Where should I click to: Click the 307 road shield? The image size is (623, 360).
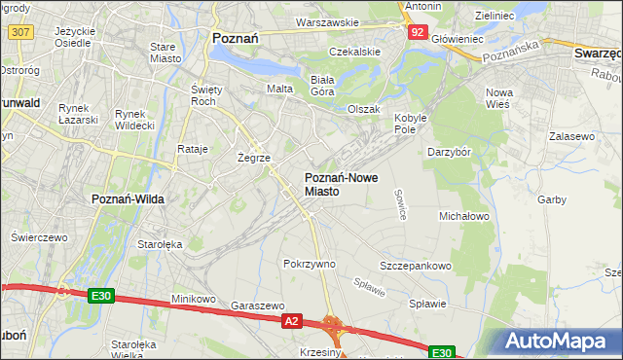tap(18, 32)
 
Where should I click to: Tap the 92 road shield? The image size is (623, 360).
tap(417, 32)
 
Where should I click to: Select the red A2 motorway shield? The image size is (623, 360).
tap(291, 319)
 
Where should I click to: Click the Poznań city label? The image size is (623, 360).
tap(234, 38)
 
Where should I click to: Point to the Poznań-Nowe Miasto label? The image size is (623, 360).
tap(336, 184)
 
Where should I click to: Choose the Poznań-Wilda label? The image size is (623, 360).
tap(128, 198)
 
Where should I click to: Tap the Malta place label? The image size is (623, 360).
tap(280, 89)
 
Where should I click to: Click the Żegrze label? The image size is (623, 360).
tap(254, 156)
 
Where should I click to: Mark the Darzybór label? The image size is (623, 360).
tap(450, 152)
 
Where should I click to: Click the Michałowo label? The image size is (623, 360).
tap(463, 216)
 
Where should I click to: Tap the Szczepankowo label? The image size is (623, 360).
tap(416, 266)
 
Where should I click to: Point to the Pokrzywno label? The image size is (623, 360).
tap(309, 264)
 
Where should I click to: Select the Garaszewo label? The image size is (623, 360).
tap(257, 305)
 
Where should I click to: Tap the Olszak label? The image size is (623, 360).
tap(364, 109)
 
